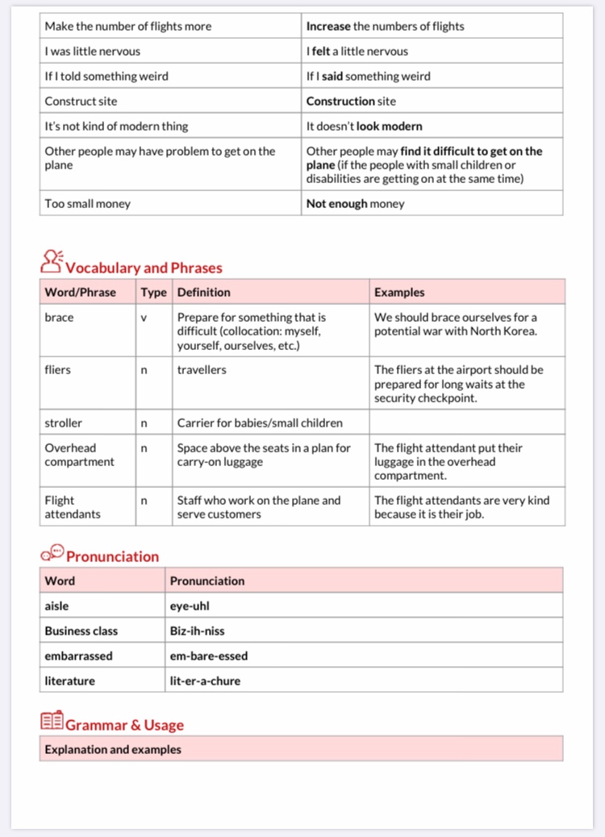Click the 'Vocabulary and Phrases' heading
point(144,268)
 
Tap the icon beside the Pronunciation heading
point(52,553)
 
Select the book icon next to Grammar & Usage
point(52,722)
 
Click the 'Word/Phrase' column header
point(81,292)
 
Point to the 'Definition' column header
point(204,292)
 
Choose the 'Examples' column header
point(399,292)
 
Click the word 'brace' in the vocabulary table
point(59,318)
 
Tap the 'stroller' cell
point(64,423)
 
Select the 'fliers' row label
point(58,370)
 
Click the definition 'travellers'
point(202,370)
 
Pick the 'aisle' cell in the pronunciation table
point(57,606)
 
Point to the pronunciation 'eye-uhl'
point(190,606)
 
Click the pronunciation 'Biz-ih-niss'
point(198,631)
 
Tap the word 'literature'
point(70,681)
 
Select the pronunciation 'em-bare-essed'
point(209,656)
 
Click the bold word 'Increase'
point(328,26)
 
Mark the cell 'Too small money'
point(88,203)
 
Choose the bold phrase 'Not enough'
point(336,203)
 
